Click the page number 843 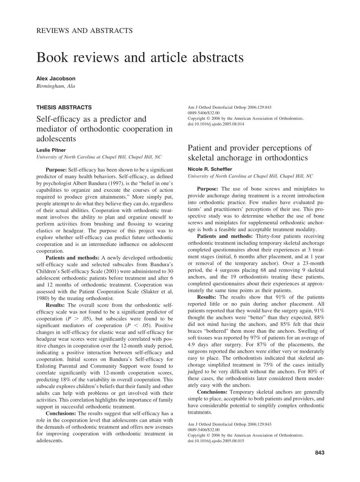point(319,452)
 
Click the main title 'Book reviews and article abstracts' point(140,58)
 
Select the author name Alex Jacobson point(56,78)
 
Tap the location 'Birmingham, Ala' point(56,86)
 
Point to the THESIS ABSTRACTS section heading point(64,108)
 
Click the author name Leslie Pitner point(51,150)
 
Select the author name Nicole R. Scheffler point(210,169)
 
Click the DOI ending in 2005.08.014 point(216,124)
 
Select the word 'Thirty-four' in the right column point(269,236)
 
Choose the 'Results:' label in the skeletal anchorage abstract point(207,297)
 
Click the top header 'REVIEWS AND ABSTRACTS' point(85,31)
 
